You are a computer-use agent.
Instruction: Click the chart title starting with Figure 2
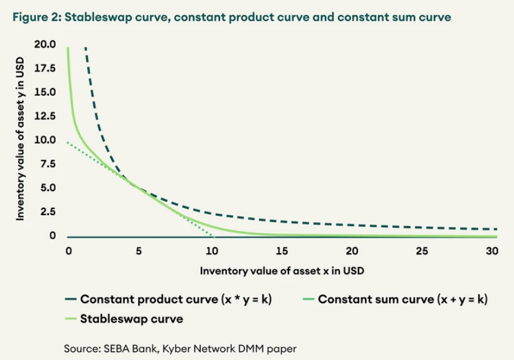pos(230,17)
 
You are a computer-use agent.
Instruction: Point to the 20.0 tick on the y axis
pos(45,45)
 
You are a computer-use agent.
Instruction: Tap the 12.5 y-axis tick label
pos(45,116)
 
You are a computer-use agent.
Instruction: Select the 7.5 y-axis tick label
pos(47,164)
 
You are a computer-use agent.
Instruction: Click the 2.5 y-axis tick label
pos(47,212)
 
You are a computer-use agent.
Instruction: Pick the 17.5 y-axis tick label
pos(45,68)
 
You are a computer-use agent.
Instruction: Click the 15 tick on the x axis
pos(282,251)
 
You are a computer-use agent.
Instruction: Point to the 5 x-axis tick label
pos(139,251)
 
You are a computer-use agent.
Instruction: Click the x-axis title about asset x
pos(282,271)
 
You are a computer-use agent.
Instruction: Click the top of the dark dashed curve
pos(85,47)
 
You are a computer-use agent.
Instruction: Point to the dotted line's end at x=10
pos(211,236)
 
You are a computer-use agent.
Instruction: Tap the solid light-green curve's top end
pos(68,48)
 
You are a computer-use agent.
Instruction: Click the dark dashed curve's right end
pos(497,229)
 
